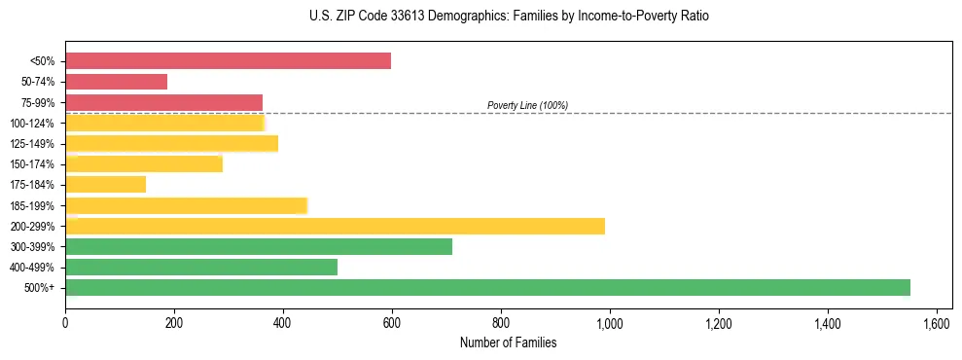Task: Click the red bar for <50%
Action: pos(228,61)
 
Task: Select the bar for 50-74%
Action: pos(116,82)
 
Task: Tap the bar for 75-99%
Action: pos(163,102)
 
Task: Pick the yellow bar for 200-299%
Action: pos(335,226)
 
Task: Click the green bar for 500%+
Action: pos(487,287)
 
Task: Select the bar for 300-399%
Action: pos(259,246)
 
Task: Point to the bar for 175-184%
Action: pos(105,184)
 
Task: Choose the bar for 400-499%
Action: pos(201,267)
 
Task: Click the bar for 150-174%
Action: pos(144,163)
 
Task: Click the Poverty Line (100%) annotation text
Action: pos(527,105)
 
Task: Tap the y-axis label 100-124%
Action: pos(32,124)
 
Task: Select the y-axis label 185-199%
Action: pos(32,205)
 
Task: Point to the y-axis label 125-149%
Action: pos(32,144)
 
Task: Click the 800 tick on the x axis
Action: pos(501,321)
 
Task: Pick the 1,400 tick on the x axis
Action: pos(828,321)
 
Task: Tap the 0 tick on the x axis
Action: pos(65,321)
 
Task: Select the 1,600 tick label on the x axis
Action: pos(937,321)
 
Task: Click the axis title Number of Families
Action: pos(509,342)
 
